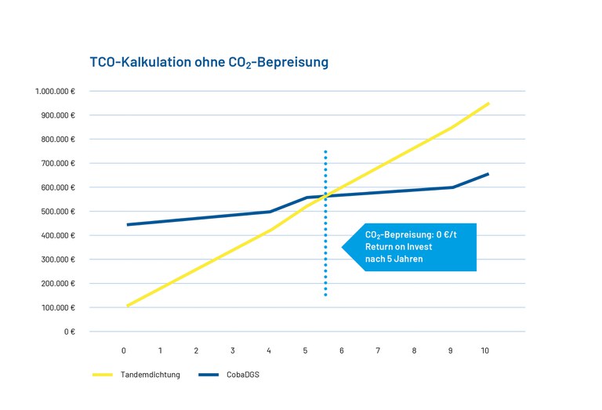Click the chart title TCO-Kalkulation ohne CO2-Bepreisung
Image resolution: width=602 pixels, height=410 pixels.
click(x=209, y=61)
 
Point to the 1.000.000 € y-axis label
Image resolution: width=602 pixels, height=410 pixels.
click(x=55, y=91)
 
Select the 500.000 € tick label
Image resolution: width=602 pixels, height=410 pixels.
click(x=57, y=212)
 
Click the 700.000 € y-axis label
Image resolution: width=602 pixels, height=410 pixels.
click(x=57, y=163)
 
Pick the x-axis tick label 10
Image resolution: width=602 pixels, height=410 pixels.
click(x=484, y=350)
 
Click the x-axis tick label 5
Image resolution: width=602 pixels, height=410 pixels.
click(x=305, y=350)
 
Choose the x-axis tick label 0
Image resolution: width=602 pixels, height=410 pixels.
click(x=124, y=350)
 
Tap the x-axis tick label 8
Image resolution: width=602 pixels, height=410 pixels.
click(x=414, y=350)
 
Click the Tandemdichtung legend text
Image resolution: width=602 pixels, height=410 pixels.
click(x=150, y=375)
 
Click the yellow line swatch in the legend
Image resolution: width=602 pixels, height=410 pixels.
click(x=103, y=375)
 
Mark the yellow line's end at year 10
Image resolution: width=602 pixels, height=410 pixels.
click(x=488, y=103)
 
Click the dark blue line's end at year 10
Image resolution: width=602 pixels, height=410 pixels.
click(x=488, y=174)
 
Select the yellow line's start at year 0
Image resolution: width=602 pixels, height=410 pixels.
click(x=127, y=306)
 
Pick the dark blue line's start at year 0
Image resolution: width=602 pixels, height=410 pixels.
click(x=127, y=224)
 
